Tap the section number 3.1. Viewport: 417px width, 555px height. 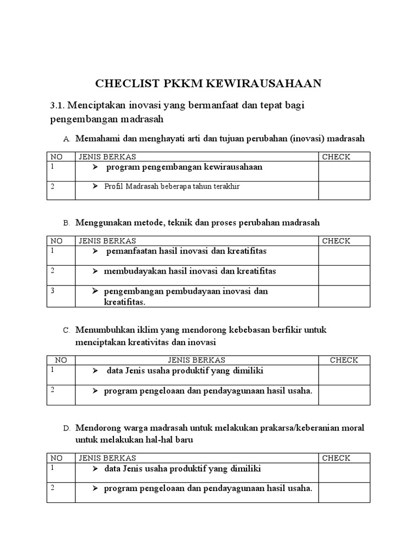click(x=57, y=105)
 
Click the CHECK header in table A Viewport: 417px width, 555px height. click(x=336, y=157)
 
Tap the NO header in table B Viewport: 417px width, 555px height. click(x=56, y=241)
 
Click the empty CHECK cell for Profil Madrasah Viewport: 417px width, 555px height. click(x=344, y=190)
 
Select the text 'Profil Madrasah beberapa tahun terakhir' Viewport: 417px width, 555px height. click(x=172, y=186)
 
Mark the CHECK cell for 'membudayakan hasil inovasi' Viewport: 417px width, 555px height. click(x=344, y=275)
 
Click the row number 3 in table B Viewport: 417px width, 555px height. click(x=53, y=291)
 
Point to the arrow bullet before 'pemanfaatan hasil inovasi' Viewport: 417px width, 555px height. click(x=95, y=251)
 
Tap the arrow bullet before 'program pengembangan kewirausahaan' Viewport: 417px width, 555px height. click(x=95, y=167)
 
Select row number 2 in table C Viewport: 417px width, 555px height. click(x=53, y=390)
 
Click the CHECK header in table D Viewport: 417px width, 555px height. click(x=336, y=458)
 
